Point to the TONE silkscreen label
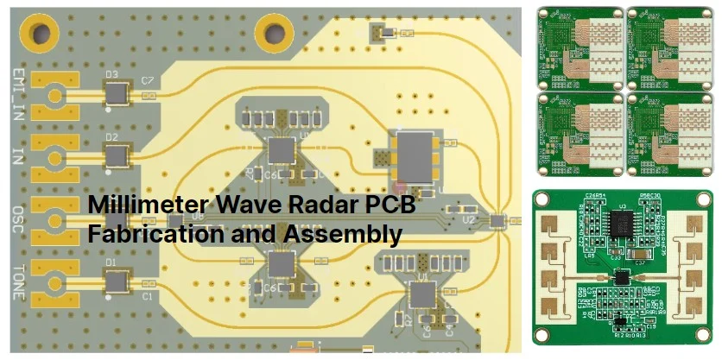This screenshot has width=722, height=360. point(18,281)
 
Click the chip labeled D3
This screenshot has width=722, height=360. point(115,92)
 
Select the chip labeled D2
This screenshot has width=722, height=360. point(115,155)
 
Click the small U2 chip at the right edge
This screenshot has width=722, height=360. point(495,221)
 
